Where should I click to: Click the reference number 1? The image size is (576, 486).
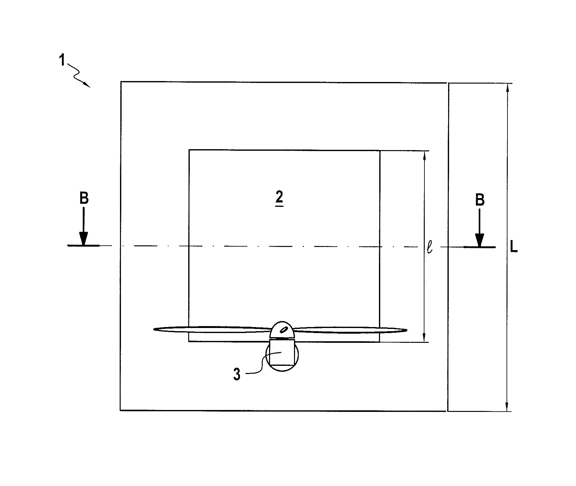pyautogui.click(x=62, y=60)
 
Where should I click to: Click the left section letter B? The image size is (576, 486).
pyautogui.click(x=84, y=199)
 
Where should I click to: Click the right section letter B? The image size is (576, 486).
pyautogui.click(x=480, y=200)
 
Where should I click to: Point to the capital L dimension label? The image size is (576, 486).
pyautogui.click(x=514, y=247)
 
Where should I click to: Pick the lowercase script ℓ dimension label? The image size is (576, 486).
pyautogui.click(x=429, y=247)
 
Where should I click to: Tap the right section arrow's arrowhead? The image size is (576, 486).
pyautogui.click(x=479, y=240)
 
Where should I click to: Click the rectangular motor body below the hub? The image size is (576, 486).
pyautogui.click(x=282, y=352)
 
